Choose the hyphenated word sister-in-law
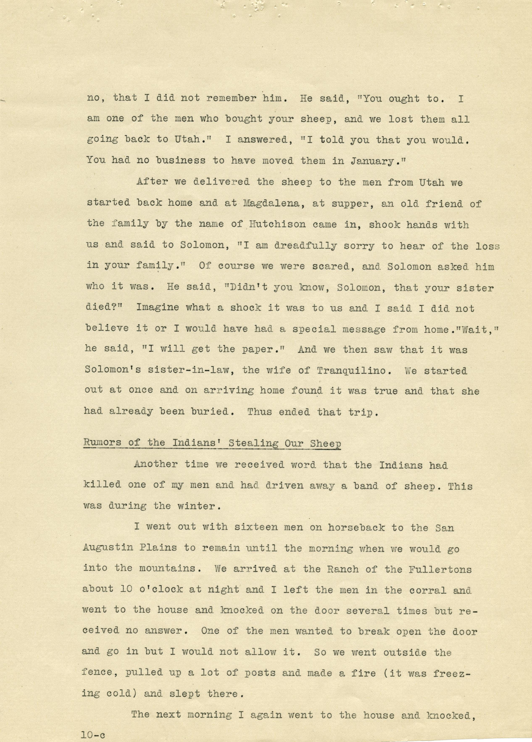[156, 371]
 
